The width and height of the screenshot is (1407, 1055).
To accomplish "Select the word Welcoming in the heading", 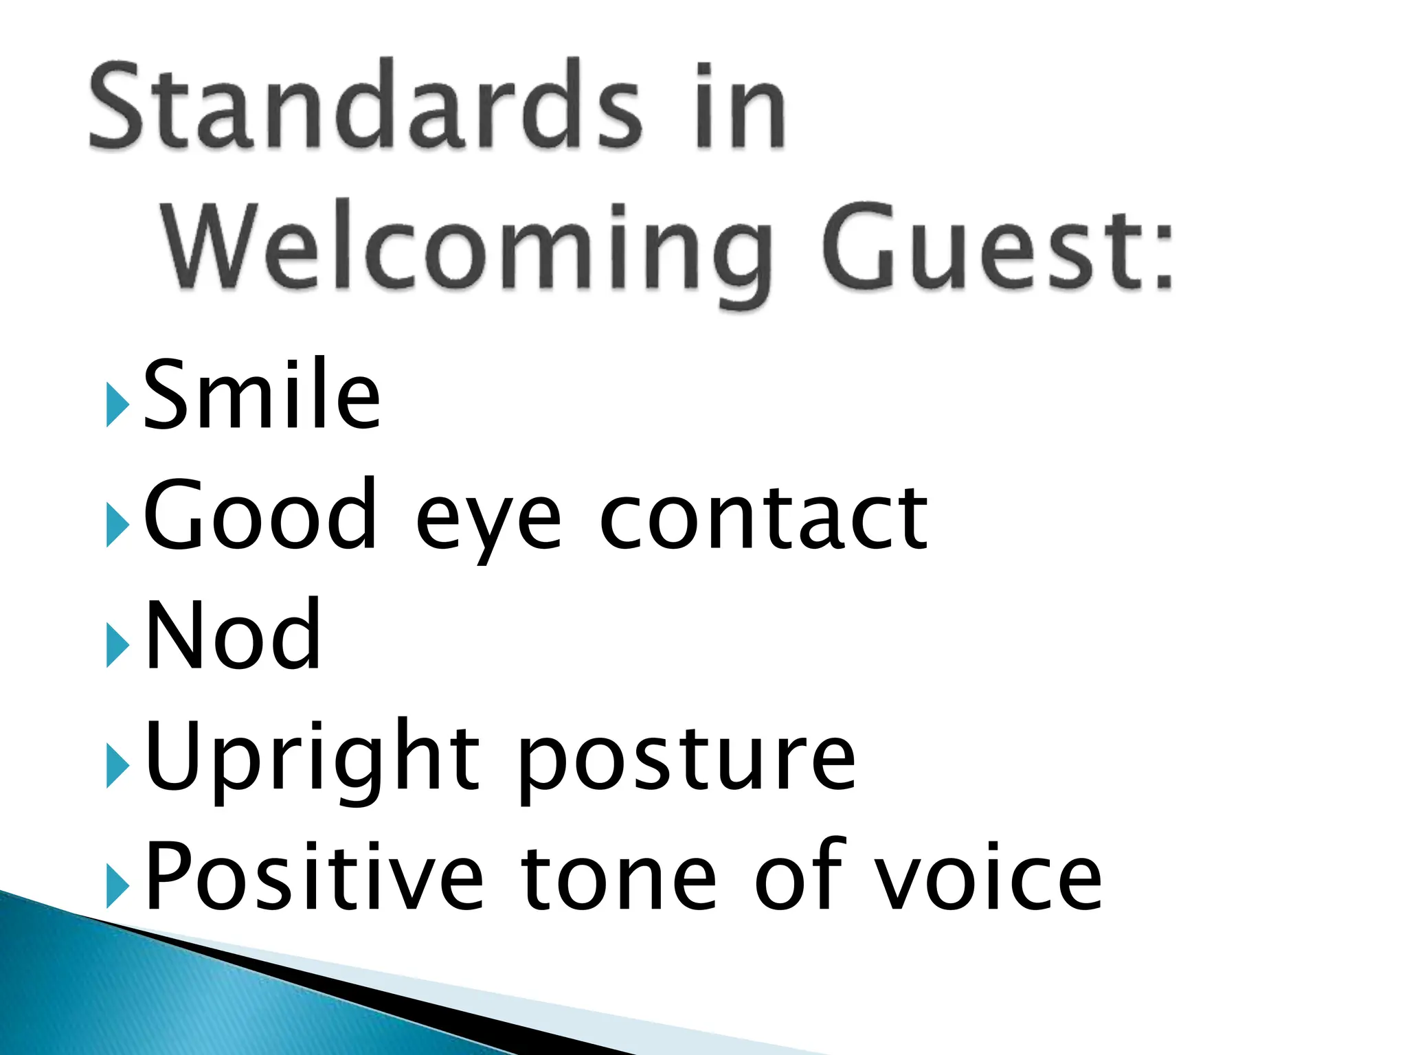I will [468, 247].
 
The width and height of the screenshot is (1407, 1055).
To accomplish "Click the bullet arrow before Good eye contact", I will [117, 527].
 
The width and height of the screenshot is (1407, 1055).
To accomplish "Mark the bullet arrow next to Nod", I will [117, 647].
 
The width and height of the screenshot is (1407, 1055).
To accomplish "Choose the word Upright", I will [313, 759].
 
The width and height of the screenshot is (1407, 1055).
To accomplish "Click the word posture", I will [687, 762].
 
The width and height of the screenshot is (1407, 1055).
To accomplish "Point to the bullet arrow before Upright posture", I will [117, 769].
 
